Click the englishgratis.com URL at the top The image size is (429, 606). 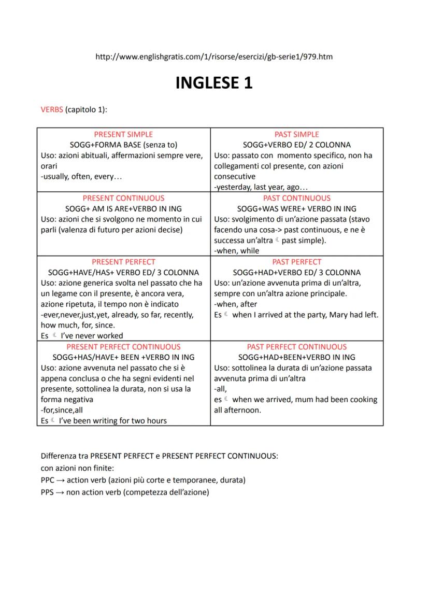[214, 57]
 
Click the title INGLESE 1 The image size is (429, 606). [214, 83]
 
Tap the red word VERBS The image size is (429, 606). [51, 109]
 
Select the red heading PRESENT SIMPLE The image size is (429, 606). [123, 134]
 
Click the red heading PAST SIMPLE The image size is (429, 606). [297, 134]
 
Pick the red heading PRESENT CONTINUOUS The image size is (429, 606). [123, 198]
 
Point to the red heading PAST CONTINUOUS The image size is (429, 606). [297, 198]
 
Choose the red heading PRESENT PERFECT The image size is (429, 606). [123, 262]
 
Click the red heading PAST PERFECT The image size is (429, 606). [297, 262]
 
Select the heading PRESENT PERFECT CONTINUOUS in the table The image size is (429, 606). [123, 347]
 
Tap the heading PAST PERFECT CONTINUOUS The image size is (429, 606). [297, 347]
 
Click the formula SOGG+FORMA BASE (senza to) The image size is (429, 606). [123, 145]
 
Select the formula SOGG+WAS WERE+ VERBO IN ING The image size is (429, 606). [297, 208]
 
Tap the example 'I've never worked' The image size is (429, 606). [91, 335]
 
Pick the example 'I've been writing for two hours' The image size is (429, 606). [113, 420]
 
